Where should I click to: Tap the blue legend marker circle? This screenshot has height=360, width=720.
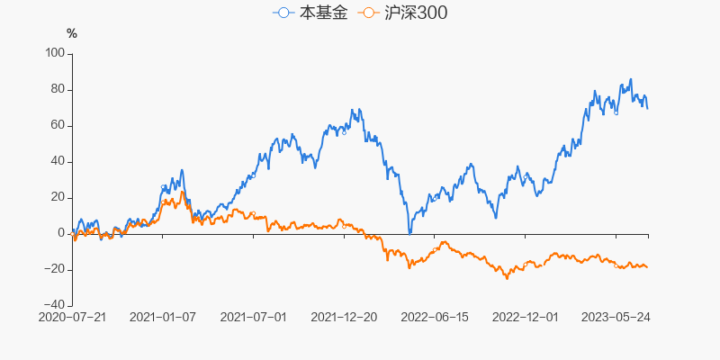(x=284, y=13)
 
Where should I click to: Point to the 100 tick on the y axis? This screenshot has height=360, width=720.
(x=55, y=53)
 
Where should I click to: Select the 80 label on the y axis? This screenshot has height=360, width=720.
(x=58, y=89)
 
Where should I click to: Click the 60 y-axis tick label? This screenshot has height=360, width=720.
(x=58, y=125)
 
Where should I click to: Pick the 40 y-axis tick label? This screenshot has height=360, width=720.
(x=58, y=161)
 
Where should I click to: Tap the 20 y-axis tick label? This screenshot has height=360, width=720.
(x=58, y=197)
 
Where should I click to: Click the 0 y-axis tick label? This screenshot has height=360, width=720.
(x=62, y=233)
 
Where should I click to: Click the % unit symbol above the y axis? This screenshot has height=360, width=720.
(x=72, y=34)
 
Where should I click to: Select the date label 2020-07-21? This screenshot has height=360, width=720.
(x=73, y=317)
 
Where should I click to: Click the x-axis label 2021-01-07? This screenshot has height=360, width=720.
(x=163, y=317)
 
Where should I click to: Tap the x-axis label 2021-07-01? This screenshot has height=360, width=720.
(x=253, y=317)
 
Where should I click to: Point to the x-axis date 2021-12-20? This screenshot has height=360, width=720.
(x=344, y=317)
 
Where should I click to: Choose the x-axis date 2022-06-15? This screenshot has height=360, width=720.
(x=435, y=317)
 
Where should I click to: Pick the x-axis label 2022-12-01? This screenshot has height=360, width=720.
(x=526, y=317)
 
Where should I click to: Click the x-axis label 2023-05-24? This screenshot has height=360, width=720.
(x=616, y=317)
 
